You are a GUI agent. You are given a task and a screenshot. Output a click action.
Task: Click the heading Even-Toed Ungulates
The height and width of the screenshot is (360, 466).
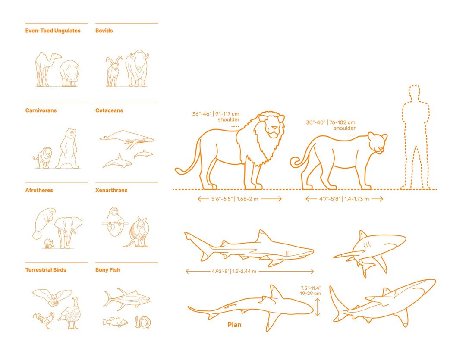(53, 31)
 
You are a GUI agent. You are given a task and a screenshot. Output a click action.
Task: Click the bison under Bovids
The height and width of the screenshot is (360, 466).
(137, 69)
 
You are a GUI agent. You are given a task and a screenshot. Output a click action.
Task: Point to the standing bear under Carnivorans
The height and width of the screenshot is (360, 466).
(69, 149)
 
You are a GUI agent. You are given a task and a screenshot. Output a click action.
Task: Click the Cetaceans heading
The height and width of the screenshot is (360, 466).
(109, 110)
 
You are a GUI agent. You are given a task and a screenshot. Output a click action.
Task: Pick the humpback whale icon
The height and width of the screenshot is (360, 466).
(126, 138)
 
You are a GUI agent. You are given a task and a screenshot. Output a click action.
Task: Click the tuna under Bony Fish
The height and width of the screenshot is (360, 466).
(126, 299)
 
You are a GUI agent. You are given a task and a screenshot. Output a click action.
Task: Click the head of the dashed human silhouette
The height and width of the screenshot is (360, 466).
(414, 94)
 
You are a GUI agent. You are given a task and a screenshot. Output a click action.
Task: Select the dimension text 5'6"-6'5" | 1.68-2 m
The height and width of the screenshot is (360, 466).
(239, 199)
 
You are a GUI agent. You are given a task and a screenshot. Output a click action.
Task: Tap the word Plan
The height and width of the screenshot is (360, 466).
(234, 325)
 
